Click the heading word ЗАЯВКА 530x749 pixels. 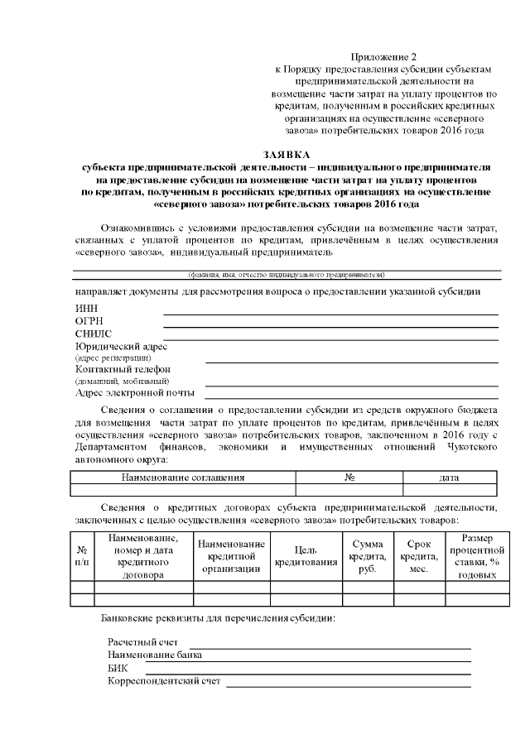click(286, 155)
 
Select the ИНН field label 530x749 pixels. click(86, 308)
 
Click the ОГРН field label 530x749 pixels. click(89, 320)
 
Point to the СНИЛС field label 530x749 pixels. click(93, 334)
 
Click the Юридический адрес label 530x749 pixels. click(121, 346)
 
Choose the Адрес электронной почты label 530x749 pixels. click(134, 392)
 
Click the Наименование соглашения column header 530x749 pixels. click(183, 478)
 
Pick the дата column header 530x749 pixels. click(450, 478)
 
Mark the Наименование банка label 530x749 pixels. click(155, 655)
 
